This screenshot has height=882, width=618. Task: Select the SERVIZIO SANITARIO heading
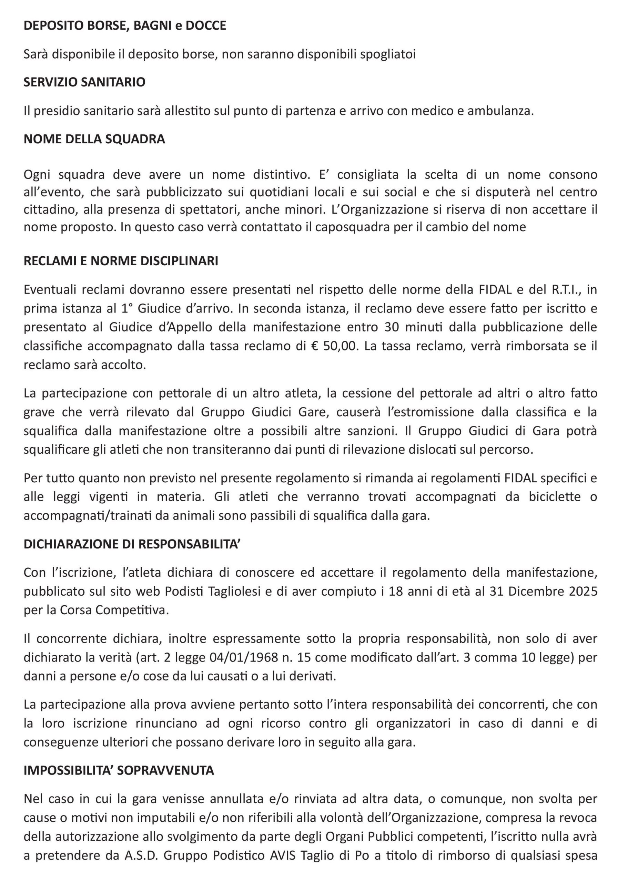(x=84, y=82)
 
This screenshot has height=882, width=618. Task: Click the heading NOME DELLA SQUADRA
(x=94, y=139)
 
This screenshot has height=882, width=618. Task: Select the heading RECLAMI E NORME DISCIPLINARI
(x=121, y=261)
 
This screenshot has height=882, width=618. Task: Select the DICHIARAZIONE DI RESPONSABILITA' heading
(x=132, y=544)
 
